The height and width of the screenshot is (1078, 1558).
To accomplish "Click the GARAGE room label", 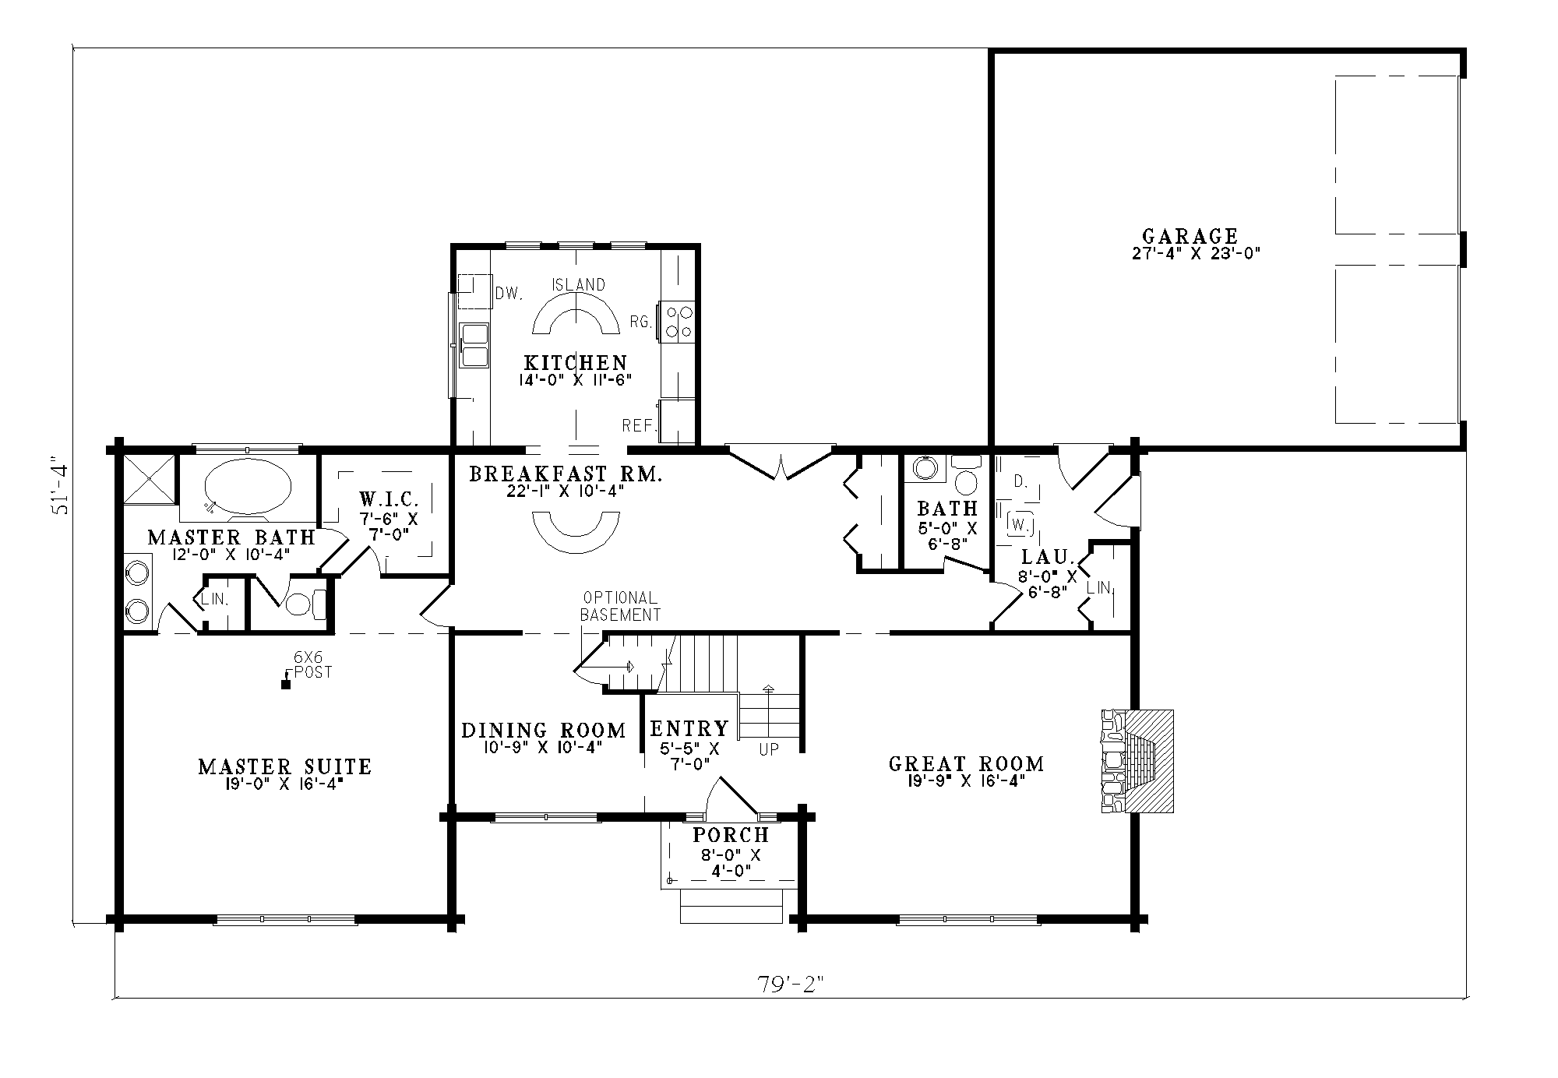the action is tap(1190, 236).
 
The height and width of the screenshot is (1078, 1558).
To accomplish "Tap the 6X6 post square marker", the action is tap(286, 685).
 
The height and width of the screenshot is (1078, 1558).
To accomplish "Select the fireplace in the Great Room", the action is tap(1137, 761).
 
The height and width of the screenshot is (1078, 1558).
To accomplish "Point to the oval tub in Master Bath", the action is tap(248, 486).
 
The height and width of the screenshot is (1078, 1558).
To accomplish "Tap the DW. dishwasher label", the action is tap(508, 293).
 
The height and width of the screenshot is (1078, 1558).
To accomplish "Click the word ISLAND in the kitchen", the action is tap(579, 284).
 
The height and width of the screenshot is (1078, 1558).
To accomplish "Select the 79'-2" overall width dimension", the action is tap(791, 984).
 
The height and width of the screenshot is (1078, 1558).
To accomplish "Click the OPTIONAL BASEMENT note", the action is tap(621, 606).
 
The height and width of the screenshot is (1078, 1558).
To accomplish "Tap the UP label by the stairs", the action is tap(770, 749).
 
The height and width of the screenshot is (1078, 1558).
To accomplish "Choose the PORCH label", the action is tap(731, 835).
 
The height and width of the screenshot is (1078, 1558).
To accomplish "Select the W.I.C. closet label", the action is tap(389, 498).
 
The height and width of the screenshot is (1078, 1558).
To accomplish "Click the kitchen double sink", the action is tap(474, 345).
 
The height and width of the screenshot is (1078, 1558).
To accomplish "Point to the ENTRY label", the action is tap(689, 728).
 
